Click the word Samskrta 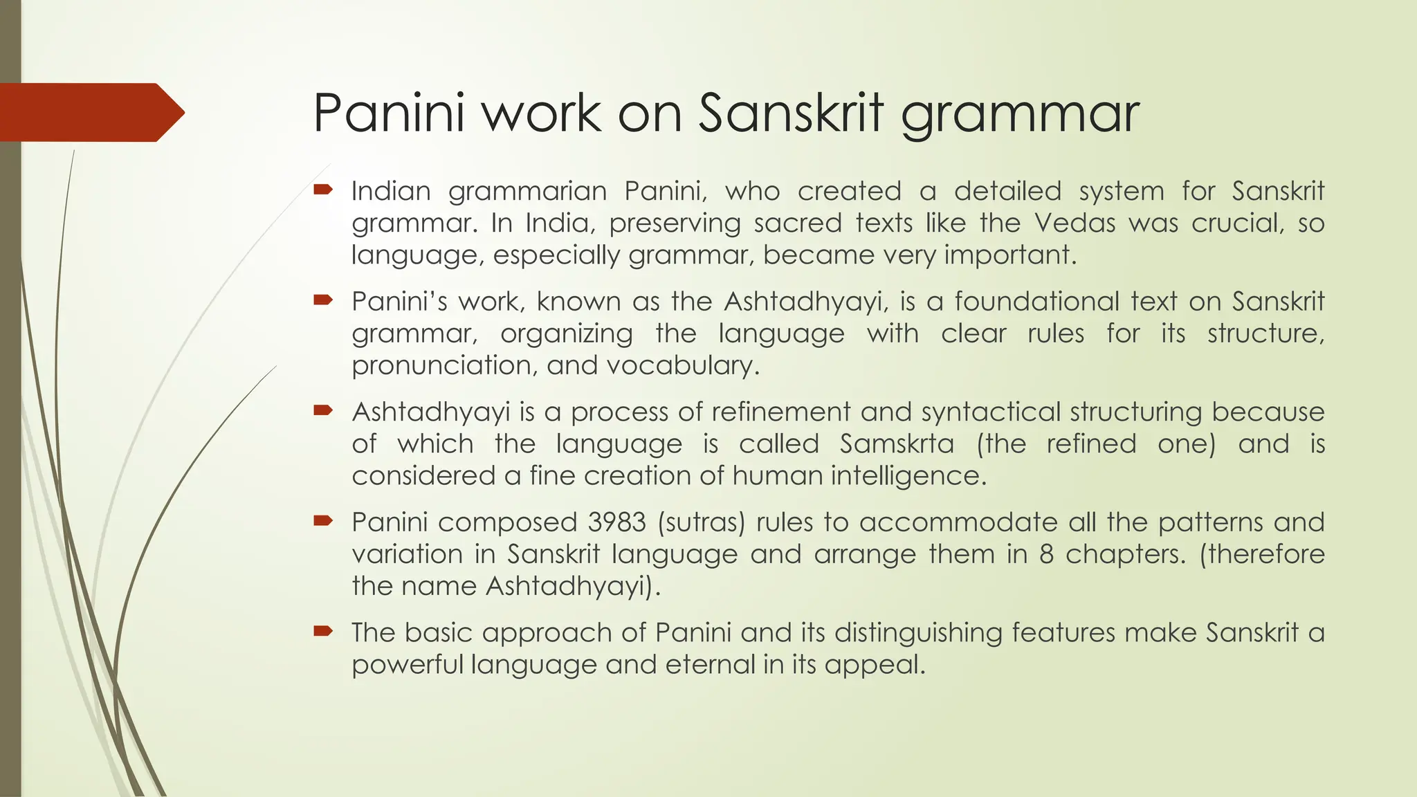pyautogui.click(x=897, y=443)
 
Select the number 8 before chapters pyautogui.click(x=1046, y=554)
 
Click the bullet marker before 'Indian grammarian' pyautogui.click(x=323, y=189)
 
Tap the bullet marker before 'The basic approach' pyautogui.click(x=323, y=630)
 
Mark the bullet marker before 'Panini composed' pyautogui.click(x=323, y=520)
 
